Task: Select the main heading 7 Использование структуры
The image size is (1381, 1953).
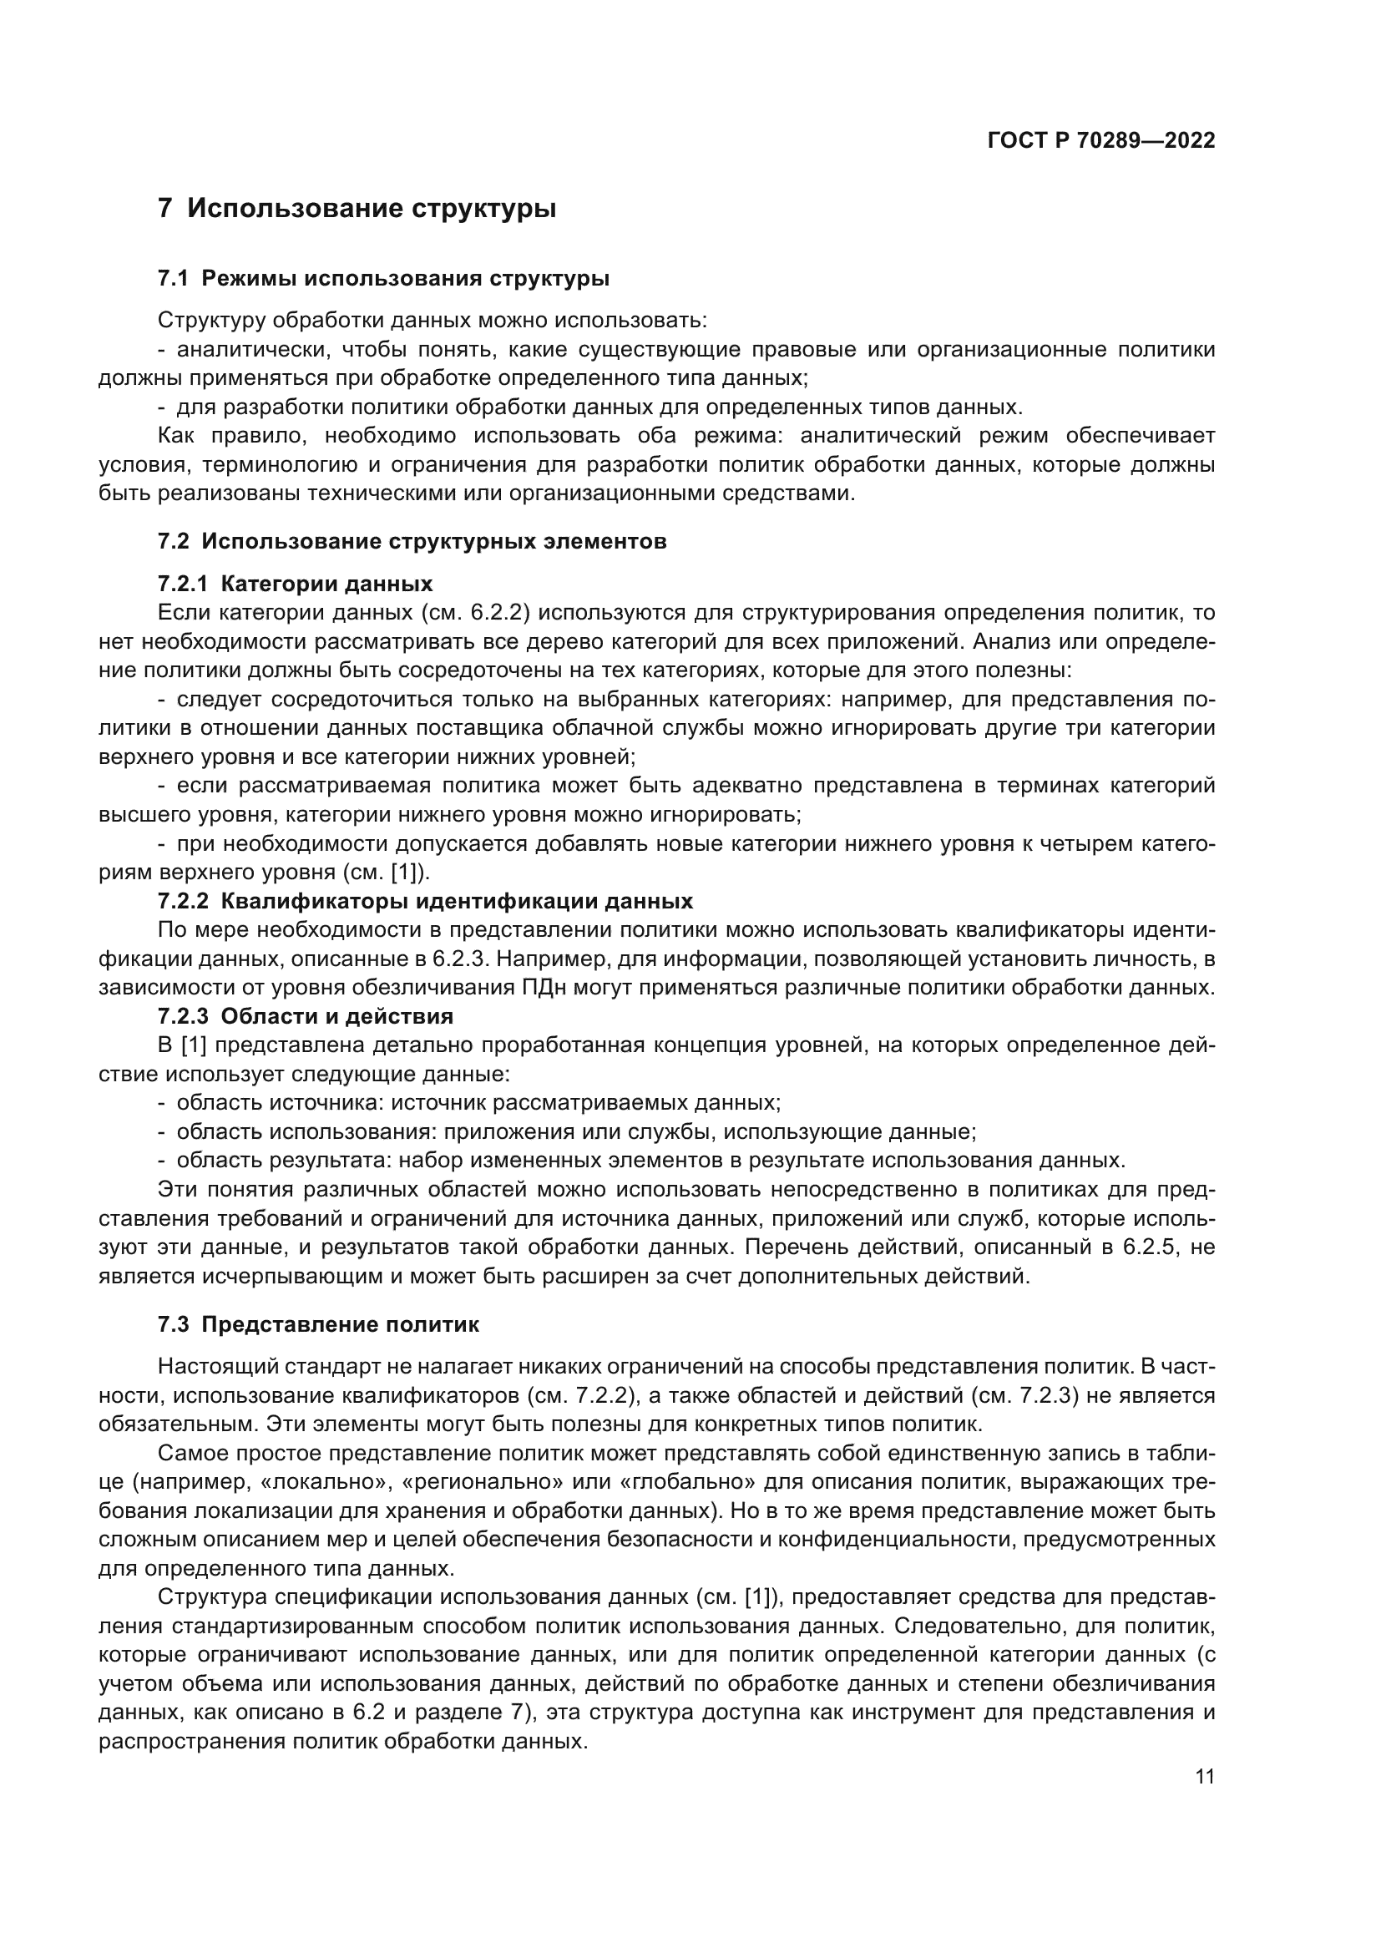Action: (357, 208)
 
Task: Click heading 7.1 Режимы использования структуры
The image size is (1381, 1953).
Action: (383, 278)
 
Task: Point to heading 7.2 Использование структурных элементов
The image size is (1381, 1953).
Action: (412, 541)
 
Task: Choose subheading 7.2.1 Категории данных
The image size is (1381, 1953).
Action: (295, 584)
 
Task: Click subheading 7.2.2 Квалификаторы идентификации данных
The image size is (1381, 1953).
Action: (425, 901)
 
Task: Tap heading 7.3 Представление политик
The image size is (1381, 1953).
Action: (319, 1324)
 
